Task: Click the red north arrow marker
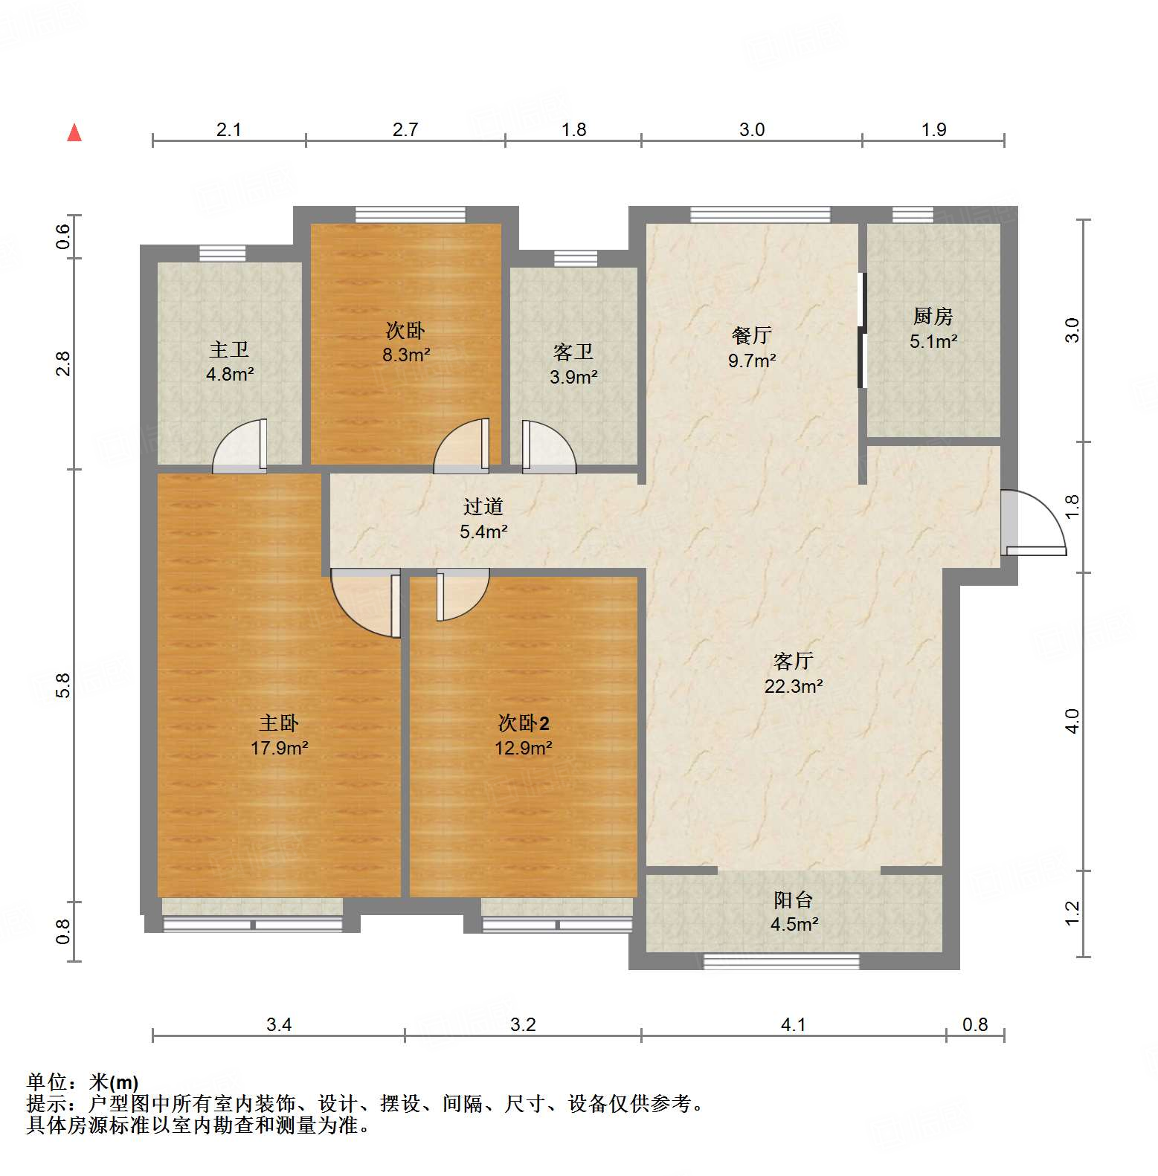click(74, 133)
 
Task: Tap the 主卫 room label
click(229, 349)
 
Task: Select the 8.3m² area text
click(406, 355)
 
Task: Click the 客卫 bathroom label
click(573, 352)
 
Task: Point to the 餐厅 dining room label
click(752, 335)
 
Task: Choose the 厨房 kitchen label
click(933, 316)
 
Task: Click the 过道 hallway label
click(483, 506)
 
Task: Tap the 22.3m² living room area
click(794, 686)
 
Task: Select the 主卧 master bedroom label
click(279, 723)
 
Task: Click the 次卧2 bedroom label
click(524, 723)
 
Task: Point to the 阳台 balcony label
click(794, 899)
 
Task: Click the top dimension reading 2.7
click(405, 130)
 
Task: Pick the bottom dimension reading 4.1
click(794, 1025)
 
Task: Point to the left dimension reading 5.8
click(63, 685)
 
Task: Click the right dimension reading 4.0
click(1072, 721)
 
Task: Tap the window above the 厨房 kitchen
click(913, 215)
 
